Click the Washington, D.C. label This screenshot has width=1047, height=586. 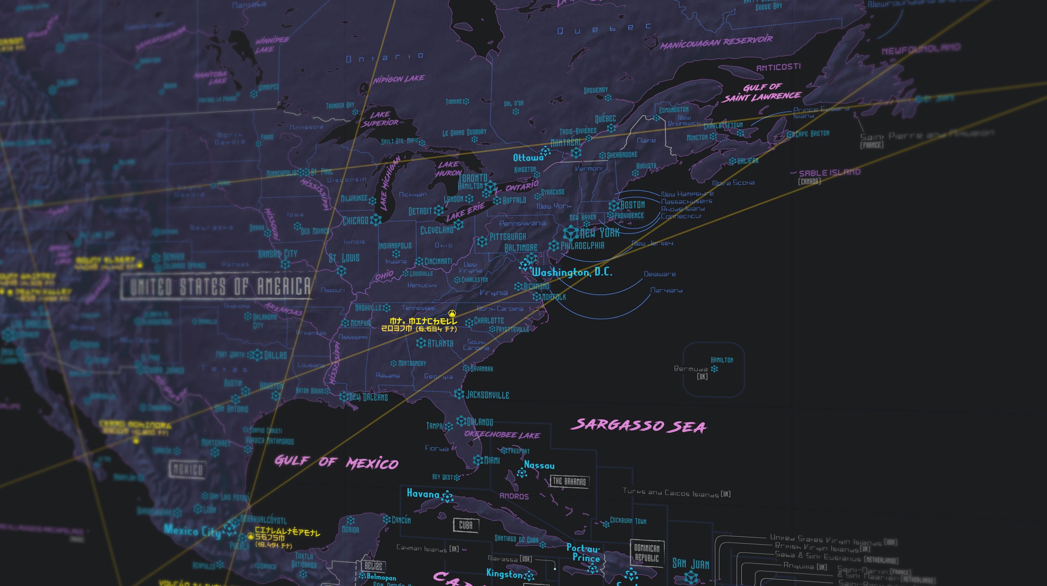click(572, 272)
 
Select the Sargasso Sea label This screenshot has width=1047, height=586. click(639, 425)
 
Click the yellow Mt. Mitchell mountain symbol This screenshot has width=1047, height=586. click(452, 313)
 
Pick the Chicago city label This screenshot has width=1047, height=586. click(356, 221)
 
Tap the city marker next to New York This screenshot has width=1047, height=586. click(570, 233)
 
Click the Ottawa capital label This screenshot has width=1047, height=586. click(528, 158)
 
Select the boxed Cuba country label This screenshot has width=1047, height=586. click(465, 525)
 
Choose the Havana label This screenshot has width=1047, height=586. click(423, 494)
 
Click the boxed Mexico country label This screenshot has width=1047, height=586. click(188, 470)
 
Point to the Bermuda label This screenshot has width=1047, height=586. click(691, 369)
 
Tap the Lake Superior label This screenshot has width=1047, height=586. click(380, 118)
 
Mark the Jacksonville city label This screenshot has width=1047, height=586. click(487, 395)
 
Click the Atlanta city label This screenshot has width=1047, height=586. click(440, 343)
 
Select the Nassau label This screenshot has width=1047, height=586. click(539, 465)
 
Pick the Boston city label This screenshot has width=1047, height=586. click(632, 205)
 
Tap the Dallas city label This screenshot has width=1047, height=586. click(276, 355)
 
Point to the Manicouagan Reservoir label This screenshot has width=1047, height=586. click(716, 42)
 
